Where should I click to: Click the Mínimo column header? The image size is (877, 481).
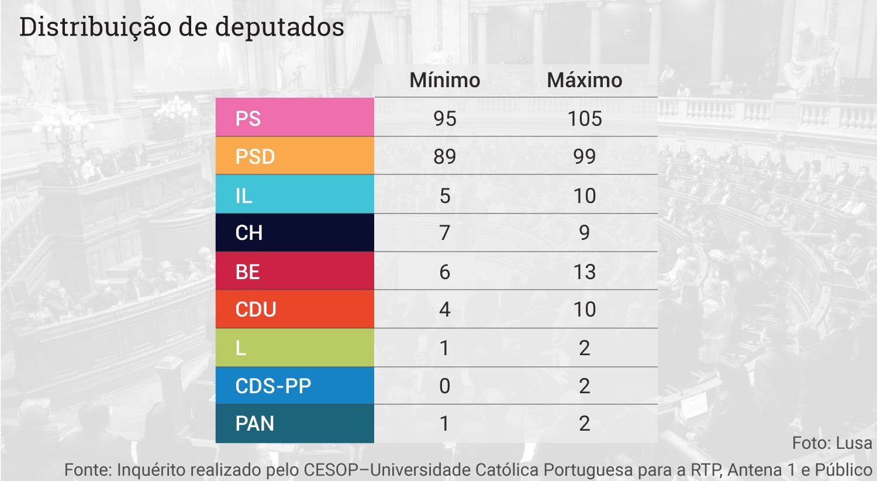[444, 80]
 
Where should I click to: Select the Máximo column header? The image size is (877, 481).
[584, 80]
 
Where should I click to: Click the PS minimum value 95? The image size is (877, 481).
[444, 118]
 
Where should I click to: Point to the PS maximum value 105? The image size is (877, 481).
[584, 118]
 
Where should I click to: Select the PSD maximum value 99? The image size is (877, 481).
[584, 156]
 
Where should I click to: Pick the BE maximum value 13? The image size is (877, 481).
[584, 272]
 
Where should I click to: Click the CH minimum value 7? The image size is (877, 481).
[444, 233]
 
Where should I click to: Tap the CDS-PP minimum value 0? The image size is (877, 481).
[444, 386]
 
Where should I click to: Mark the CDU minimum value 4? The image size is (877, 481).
[444, 309]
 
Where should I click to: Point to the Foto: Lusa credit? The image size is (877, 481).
[831, 443]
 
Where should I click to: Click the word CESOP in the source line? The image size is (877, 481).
[336, 469]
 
